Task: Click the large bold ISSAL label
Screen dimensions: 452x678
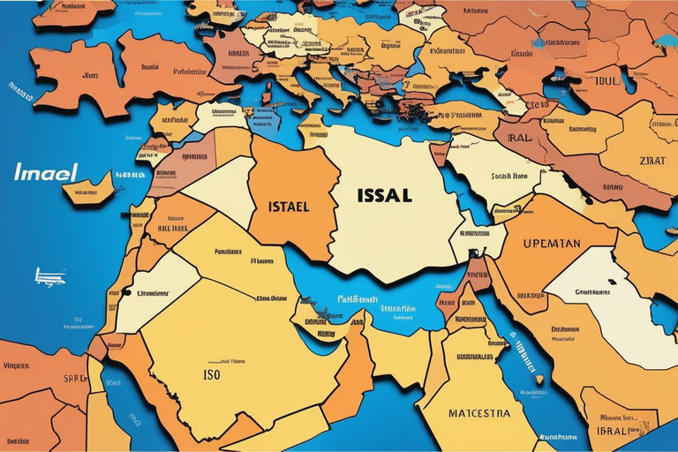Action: [384, 194]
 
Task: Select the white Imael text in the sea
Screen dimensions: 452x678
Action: [45, 171]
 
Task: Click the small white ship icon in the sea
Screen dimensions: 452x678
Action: [49, 276]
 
